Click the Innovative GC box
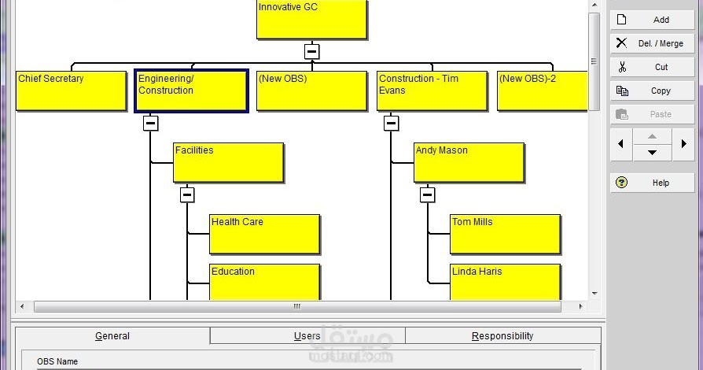coord(311,19)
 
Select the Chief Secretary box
coord(72,91)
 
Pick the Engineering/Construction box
coord(191,91)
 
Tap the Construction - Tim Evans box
coord(432,91)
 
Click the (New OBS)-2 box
coord(543,91)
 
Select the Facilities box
coord(229,162)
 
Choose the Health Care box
coord(265,234)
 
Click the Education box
coord(265,282)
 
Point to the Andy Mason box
coord(469,162)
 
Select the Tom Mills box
coord(506,234)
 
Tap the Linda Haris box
coord(506,282)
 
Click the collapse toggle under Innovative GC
coord(311,51)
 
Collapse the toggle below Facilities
coord(187,195)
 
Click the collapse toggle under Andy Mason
coord(428,195)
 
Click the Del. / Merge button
coord(653,43)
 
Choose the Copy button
coord(653,91)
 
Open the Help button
coord(653,183)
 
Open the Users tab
coord(307,336)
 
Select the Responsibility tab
coord(502,336)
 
